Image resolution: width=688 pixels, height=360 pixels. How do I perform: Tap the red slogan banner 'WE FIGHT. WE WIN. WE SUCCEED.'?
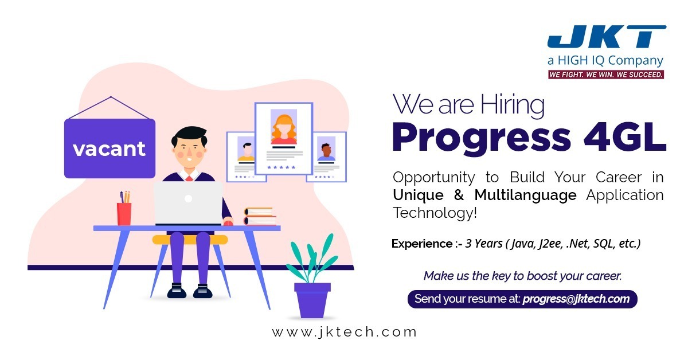(x=605, y=75)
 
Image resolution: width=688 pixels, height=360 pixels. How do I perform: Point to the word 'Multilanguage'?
(x=525, y=195)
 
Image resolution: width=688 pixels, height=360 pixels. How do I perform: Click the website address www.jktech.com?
(x=344, y=332)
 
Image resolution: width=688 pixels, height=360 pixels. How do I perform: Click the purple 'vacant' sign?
(x=109, y=148)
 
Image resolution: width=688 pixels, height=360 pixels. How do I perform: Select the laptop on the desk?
(x=188, y=204)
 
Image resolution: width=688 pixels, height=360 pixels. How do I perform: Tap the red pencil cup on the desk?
(x=124, y=213)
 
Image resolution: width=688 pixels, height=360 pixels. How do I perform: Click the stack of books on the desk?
(x=260, y=216)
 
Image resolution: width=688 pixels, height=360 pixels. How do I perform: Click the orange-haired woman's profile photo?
(x=284, y=127)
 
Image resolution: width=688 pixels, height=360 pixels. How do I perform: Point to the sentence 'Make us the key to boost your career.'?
(x=522, y=276)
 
